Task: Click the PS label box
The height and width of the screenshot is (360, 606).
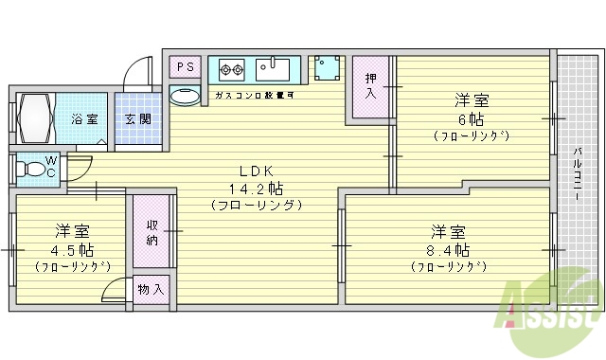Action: tap(185, 67)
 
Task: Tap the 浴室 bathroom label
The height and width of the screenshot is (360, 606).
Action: tap(84, 119)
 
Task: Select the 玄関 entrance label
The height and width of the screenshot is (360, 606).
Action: tap(137, 119)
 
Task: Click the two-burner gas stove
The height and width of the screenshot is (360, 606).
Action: tap(232, 68)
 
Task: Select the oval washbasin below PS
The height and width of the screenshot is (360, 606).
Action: tap(185, 96)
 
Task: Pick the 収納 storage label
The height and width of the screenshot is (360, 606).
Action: tap(151, 233)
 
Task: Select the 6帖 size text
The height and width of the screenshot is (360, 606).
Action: tap(472, 118)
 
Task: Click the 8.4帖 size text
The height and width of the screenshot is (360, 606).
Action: tap(449, 251)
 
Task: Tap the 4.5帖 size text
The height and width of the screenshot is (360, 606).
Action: tap(72, 249)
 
